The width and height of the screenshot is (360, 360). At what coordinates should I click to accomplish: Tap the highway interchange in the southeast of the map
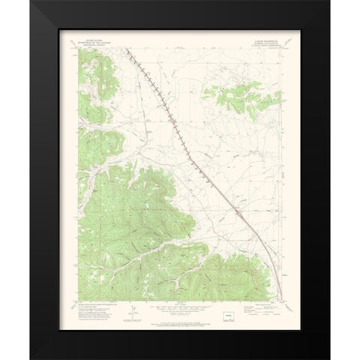coord(238,214)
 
